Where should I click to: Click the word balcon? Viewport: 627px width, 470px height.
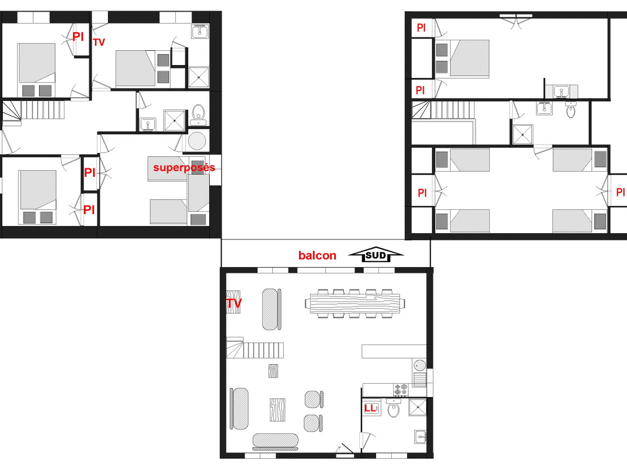coord(317,256)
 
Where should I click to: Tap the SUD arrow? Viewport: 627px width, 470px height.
coord(376,254)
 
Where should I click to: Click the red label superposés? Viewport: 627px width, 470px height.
coord(184,168)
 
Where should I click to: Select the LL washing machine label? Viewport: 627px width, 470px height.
coord(370,408)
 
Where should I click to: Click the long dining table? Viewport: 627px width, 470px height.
coord(355,304)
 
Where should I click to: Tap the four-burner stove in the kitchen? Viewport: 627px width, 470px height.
coord(401,390)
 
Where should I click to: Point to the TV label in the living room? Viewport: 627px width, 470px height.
coord(234,303)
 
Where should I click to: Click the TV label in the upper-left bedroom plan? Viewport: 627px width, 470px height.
coord(99,43)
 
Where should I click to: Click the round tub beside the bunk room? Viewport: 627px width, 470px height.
coord(197,140)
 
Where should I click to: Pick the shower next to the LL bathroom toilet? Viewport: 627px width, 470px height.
coord(417,407)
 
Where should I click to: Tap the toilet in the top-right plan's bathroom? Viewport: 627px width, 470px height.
coord(571,110)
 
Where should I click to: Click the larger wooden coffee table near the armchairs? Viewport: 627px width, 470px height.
coord(277,410)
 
